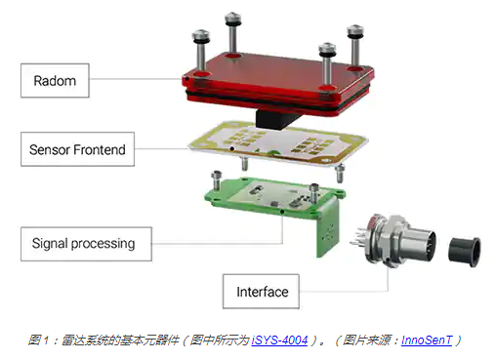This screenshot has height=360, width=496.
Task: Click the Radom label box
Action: tap(55, 80)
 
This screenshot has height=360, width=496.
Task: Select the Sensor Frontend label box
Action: tap(77, 149)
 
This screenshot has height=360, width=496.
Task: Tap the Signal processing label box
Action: tap(86, 244)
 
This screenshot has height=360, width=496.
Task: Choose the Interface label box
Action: tap(261, 292)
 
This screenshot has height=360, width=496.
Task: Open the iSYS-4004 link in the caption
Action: tap(279, 340)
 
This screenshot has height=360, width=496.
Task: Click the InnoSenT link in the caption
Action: tap(427, 340)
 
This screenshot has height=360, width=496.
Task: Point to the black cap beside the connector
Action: tap(465, 251)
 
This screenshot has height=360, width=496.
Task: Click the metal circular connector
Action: tap(395, 240)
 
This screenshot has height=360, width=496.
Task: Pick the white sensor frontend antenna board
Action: tap(278, 144)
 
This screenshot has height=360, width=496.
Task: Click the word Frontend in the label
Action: tap(100, 149)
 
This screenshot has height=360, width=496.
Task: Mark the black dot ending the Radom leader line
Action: tap(187, 79)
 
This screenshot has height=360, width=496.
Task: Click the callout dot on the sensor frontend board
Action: tap(232, 149)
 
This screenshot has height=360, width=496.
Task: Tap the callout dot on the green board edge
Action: tap(282, 212)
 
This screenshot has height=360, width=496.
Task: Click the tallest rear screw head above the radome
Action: tap(232, 19)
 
